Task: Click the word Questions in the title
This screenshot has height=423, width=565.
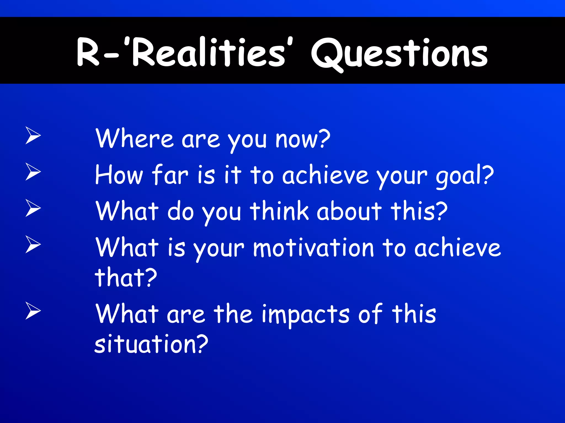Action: coord(399,54)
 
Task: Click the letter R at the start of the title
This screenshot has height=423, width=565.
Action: coord(88,52)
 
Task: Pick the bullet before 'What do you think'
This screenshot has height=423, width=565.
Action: coord(33,208)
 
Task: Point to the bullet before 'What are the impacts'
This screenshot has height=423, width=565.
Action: coord(33,311)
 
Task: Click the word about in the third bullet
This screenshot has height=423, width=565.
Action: coord(349,211)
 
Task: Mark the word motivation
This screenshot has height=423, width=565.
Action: coord(313,248)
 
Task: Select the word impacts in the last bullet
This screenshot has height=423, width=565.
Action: coord(306,314)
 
